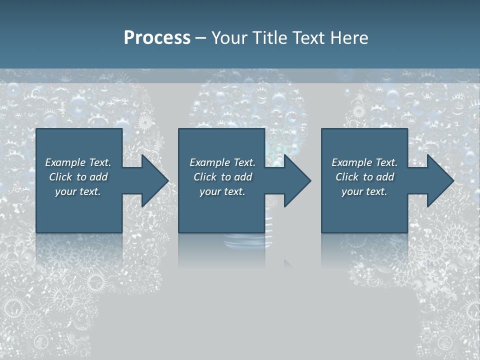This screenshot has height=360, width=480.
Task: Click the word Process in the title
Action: pyautogui.click(x=157, y=38)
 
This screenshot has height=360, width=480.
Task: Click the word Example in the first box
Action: pyautogui.click(x=65, y=162)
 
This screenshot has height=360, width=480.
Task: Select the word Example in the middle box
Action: pyautogui.click(x=209, y=162)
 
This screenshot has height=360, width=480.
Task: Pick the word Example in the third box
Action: pyautogui.click(x=351, y=162)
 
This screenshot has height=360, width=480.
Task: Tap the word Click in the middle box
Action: pyautogui.click(x=205, y=177)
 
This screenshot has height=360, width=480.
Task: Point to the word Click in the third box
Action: pyautogui.click(x=347, y=177)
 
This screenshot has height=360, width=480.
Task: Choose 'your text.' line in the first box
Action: pyautogui.click(x=78, y=191)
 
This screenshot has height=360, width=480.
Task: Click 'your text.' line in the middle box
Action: pyautogui.click(x=222, y=191)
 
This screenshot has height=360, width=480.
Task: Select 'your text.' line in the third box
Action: pyautogui.click(x=364, y=191)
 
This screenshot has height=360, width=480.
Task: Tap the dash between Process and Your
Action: pyautogui.click(x=200, y=38)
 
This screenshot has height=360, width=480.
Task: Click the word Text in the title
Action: pyautogui.click(x=307, y=38)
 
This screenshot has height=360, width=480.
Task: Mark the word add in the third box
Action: pyautogui.click(x=385, y=177)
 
